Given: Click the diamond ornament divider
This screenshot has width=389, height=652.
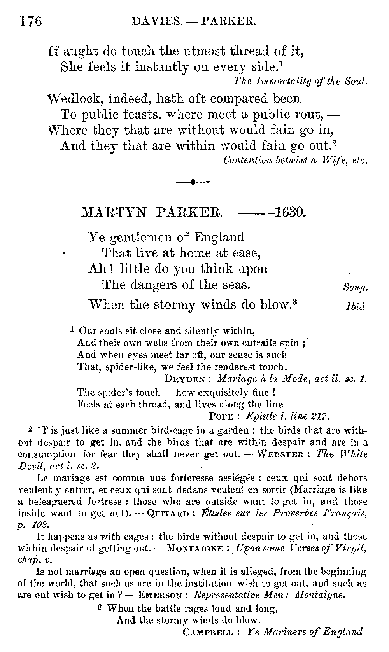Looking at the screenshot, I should click(x=193, y=182).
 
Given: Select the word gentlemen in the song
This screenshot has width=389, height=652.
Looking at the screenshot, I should click(x=144, y=237).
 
